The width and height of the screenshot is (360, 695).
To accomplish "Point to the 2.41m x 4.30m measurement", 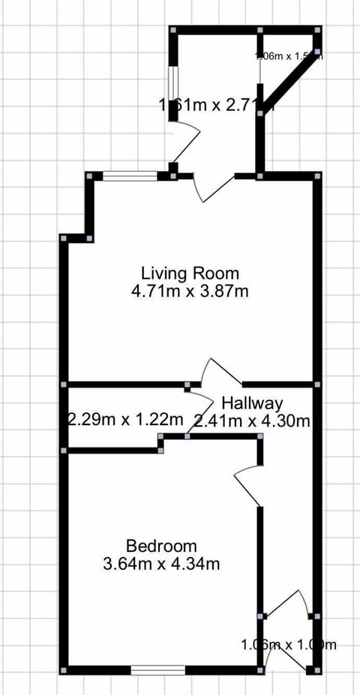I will coord(251,421).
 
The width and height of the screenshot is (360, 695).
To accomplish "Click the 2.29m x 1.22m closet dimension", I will coord(125,418).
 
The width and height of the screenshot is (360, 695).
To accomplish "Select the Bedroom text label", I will coord(161,546).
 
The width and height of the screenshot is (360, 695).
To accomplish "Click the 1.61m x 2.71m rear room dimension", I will coord(216,104).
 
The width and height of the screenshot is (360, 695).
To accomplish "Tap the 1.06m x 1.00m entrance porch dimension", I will coord(289,644).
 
